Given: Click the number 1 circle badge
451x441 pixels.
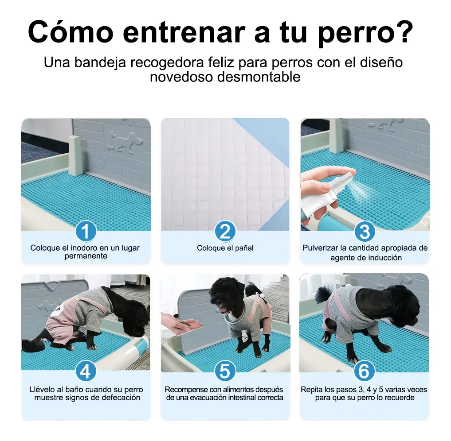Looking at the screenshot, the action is [x=86, y=232].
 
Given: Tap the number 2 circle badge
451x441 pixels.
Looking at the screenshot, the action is [x=225, y=232].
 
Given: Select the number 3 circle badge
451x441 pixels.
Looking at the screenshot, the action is [x=365, y=232].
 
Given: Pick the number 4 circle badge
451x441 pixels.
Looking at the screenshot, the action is [x=86, y=371].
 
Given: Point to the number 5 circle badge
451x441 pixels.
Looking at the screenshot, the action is [x=225, y=371].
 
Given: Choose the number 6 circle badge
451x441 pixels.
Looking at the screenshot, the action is [x=364, y=371].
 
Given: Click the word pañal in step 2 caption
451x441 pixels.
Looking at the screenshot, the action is [x=244, y=248].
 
